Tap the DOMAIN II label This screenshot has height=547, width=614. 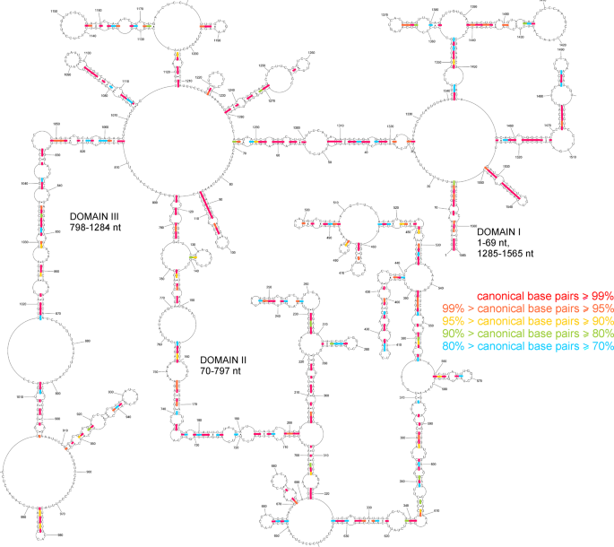click(229, 360)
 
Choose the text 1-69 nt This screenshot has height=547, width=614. click(497, 242)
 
